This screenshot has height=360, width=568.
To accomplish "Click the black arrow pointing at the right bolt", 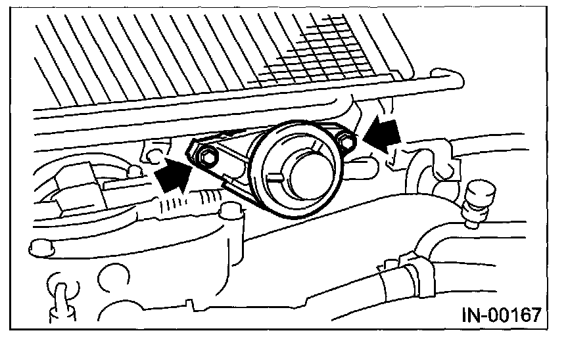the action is coord(383,134).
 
